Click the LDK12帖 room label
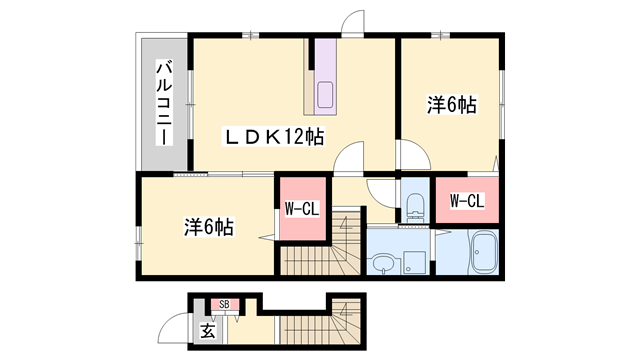point(273,137)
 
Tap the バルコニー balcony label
point(164,102)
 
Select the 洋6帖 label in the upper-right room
point(451,105)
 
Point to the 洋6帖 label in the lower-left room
point(209,227)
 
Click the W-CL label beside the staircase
point(302,210)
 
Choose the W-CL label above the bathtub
point(467,201)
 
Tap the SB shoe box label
point(224,304)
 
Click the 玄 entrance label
point(208,331)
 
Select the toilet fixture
point(416,207)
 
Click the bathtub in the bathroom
point(484,252)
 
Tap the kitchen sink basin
point(325,94)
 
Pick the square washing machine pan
point(414,262)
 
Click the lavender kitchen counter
point(325,77)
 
